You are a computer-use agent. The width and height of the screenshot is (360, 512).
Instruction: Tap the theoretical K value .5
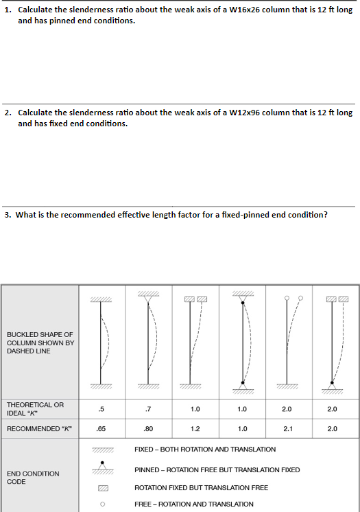[x=101, y=409]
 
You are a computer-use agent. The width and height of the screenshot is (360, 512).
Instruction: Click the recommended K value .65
[x=101, y=429]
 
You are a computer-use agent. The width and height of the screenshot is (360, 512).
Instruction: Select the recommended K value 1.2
[x=195, y=429]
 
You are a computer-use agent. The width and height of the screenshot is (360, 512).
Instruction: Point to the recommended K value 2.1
[x=287, y=429]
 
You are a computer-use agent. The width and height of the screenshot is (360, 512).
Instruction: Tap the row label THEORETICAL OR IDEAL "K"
[x=36, y=408]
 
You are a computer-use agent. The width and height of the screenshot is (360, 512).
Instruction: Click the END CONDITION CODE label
[x=33, y=478]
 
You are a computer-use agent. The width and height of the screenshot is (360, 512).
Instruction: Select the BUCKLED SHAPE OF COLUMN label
[x=40, y=342]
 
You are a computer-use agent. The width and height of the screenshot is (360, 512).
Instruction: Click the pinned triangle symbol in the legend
[x=102, y=468]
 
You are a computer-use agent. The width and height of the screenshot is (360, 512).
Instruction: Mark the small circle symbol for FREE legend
[x=102, y=504]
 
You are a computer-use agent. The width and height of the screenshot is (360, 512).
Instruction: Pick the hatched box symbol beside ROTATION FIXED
[x=102, y=488]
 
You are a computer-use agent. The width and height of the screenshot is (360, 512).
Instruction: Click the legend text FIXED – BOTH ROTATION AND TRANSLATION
[x=205, y=450]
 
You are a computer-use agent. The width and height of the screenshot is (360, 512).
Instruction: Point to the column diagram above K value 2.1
[x=287, y=343]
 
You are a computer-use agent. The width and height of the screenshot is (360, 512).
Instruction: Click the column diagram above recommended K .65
[x=101, y=343]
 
